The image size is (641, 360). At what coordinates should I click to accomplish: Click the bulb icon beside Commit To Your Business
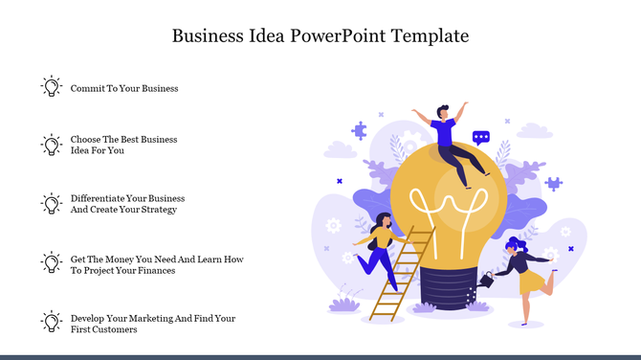pyautogui.click(x=51, y=87)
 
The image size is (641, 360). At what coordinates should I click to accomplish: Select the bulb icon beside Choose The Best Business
pyautogui.click(x=51, y=145)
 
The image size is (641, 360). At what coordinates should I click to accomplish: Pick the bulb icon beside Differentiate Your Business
pyautogui.click(x=51, y=203)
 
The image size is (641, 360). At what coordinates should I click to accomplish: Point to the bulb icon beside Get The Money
pyautogui.click(x=51, y=262)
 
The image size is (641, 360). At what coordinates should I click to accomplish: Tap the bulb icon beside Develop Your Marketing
pyautogui.click(x=51, y=322)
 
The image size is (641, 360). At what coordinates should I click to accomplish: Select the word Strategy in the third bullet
pyautogui.click(x=158, y=210)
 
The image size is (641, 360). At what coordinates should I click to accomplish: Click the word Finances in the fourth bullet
pyautogui.click(x=155, y=270)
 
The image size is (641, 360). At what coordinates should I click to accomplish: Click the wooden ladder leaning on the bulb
pyautogui.click(x=400, y=273)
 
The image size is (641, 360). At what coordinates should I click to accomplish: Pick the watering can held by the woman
pyautogui.click(x=488, y=279)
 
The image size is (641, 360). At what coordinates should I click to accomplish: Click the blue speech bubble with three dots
pyautogui.click(x=481, y=137)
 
